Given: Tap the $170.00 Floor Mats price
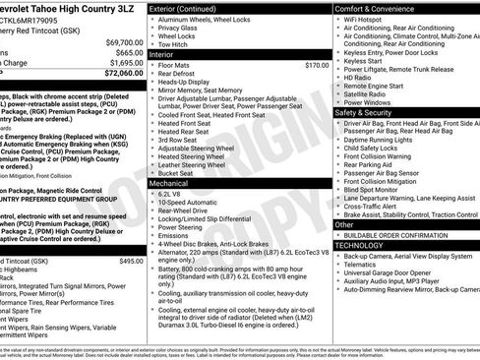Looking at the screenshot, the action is pyautogui.click(x=317, y=65).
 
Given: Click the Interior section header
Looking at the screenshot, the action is pyautogui.click(x=161, y=55).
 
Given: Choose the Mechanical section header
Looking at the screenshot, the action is pyautogui.click(x=168, y=183).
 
